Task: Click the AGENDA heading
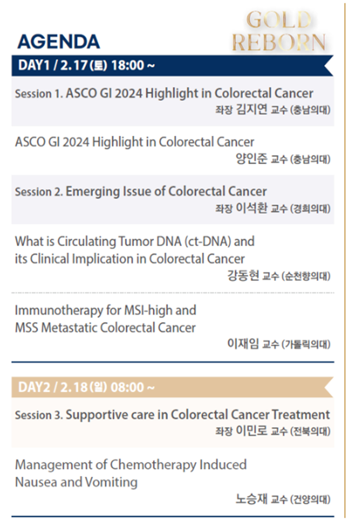[x=58, y=42]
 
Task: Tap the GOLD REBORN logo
[x=278, y=31]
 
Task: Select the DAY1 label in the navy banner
[x=34, y=65]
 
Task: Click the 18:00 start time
[x=128, y=65]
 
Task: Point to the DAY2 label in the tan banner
[x=34, y=387]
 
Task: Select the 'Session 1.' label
[x=39, y=93]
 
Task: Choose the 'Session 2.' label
[x=39, y=192]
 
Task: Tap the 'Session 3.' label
[x=39, y=415]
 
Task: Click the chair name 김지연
[x=252, y=109]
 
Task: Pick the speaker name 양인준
[x=252, y=158]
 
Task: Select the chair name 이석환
[x=252, y=208]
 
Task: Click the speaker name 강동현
[x=243, y=275]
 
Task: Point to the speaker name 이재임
[x=243, y=344]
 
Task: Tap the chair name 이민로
[x=252, y=430]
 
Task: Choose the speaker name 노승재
[x=252, y=498]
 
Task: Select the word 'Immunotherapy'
[x=59, y=310]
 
